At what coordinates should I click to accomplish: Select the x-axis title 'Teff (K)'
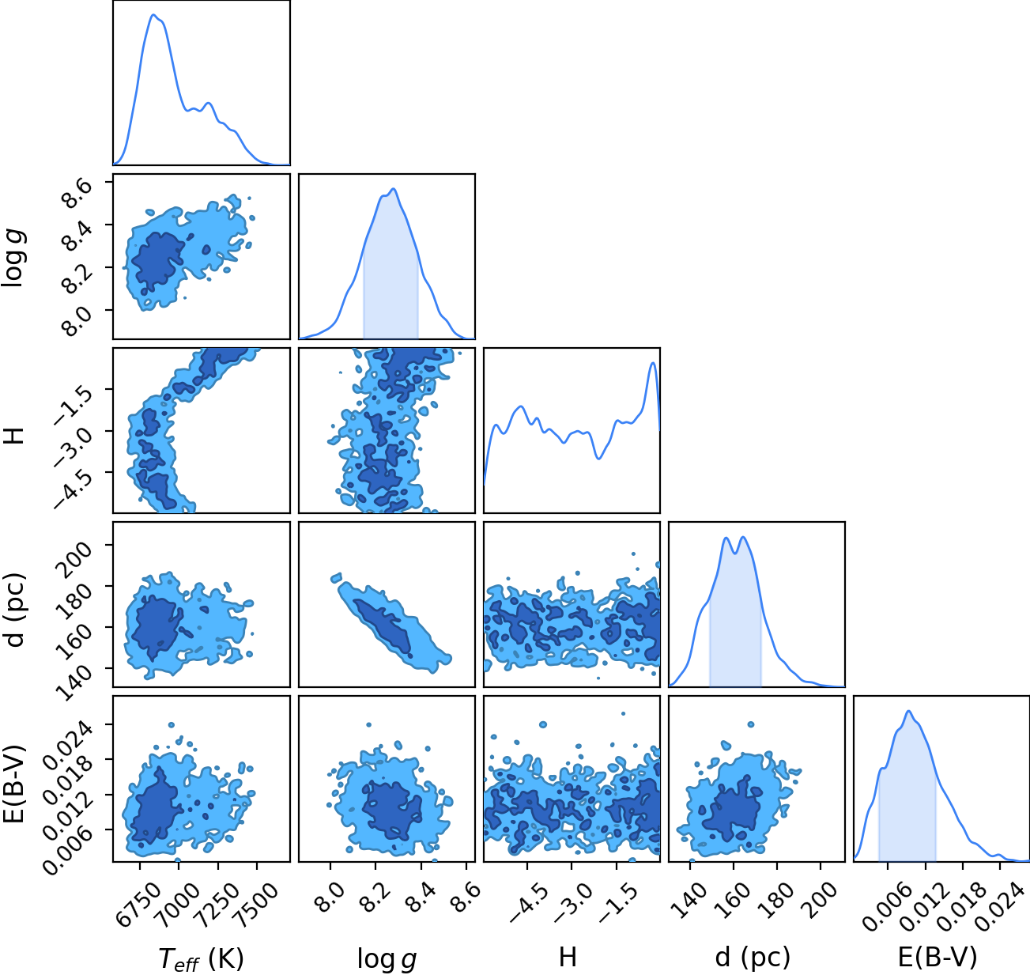202,958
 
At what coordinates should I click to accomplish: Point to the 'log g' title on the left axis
14,257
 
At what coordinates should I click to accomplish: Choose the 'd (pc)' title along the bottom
753,957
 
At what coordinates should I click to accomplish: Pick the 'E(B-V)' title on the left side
14,783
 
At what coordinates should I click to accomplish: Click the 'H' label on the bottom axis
568,957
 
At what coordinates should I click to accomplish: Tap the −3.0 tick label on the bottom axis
572,902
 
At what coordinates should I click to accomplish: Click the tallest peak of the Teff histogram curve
153,15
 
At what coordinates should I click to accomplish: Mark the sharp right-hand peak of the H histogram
652,363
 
